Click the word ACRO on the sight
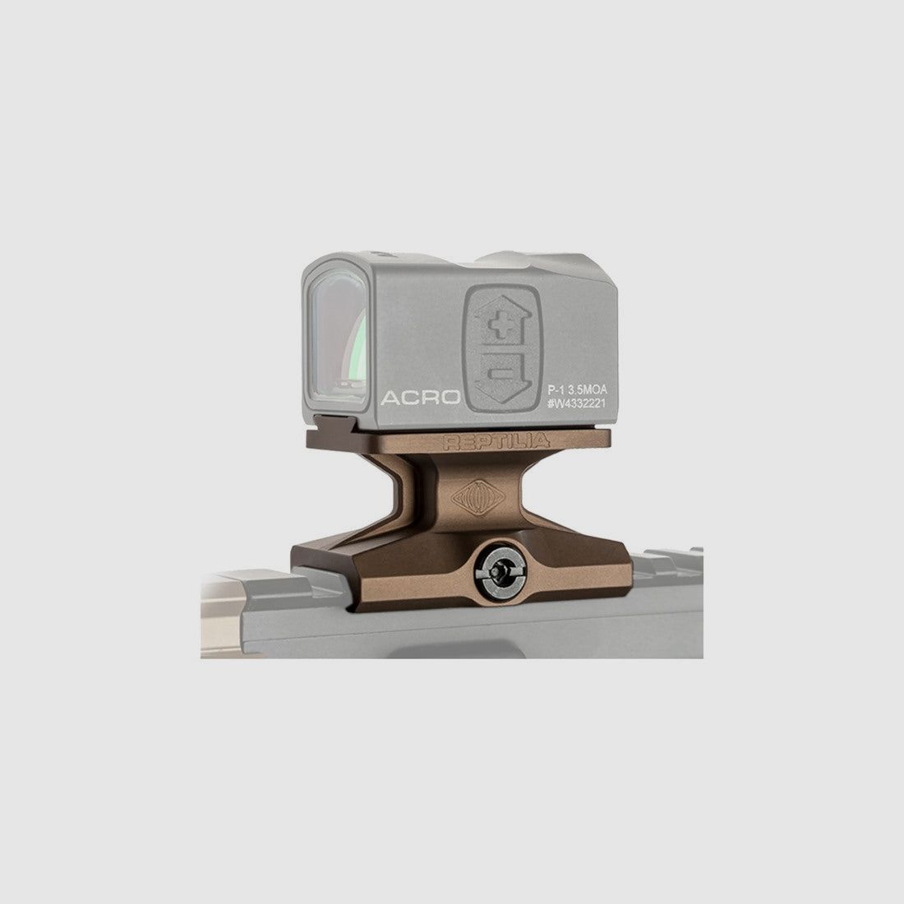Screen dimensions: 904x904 pos(420,397)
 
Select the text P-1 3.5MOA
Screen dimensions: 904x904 pos(577,390)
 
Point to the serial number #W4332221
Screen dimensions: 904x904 pos(577,403)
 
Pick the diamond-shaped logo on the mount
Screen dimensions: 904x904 pos(478,496)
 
